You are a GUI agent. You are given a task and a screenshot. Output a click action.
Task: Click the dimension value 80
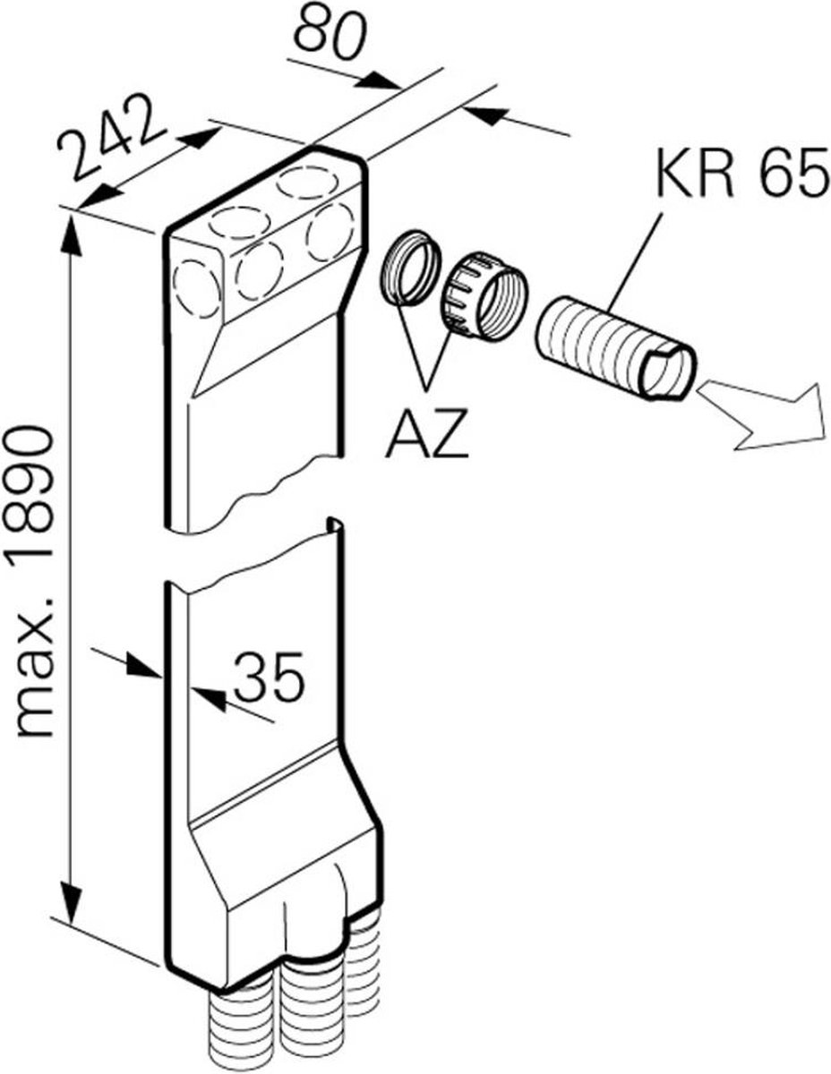tap(330, 35)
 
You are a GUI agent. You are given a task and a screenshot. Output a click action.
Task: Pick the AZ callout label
tap(426, 434)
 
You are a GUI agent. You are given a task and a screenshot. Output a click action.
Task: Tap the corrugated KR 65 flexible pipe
tap(616, 346)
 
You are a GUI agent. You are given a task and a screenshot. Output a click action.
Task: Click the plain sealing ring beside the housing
tap(410, 268)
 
